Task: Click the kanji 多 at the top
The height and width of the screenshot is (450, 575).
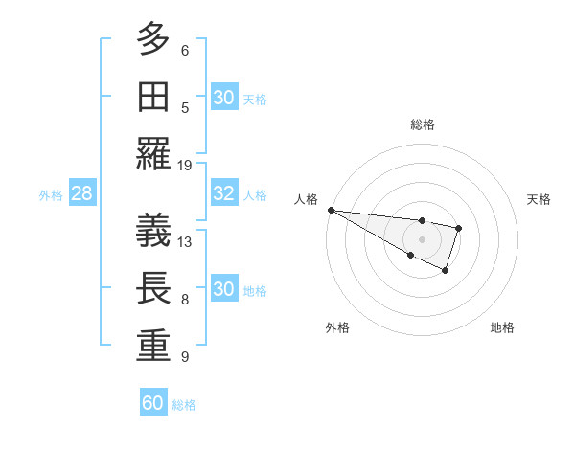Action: pyautogui.click(x=153, y=40)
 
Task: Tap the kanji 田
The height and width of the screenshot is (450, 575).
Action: pyautogui.click(x=153, y=97)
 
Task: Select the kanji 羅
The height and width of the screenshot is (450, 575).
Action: pyautogui.click(x=153, y=153)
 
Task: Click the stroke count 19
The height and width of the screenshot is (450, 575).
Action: pyautogui.click(x=185, y=165)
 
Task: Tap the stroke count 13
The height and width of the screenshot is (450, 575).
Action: pyautogui.click(x=185, y=241)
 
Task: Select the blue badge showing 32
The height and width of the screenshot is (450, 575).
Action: pyautogui.click(x=224, y=193)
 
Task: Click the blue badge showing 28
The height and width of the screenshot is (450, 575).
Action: pyautogui.click(x=82, y=193)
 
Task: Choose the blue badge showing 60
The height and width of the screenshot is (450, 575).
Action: pyautogui.click(x=153, y=403)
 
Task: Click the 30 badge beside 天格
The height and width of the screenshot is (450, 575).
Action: pyautogui.click(x=224, y=98)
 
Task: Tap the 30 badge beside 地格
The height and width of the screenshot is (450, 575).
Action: pyautogui.click(x=224, y=289)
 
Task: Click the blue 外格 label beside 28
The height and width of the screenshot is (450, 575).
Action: pyautogui.click(x=51, y=194)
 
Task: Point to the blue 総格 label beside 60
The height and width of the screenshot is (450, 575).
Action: pyautogui.click(x=184, y=404)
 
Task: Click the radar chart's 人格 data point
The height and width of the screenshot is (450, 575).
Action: pyautogui.click(x=331, y=210)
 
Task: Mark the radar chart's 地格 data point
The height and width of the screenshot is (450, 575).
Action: pyautogui.click(x=446, y=271)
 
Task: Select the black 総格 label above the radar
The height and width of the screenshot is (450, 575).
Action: pyautogui.click(x=423, y=124)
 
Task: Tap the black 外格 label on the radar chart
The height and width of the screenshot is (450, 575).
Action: pyautogui.click(x=337, y=327)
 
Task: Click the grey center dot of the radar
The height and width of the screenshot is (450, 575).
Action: pyautogui.click(x=422, y=238)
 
